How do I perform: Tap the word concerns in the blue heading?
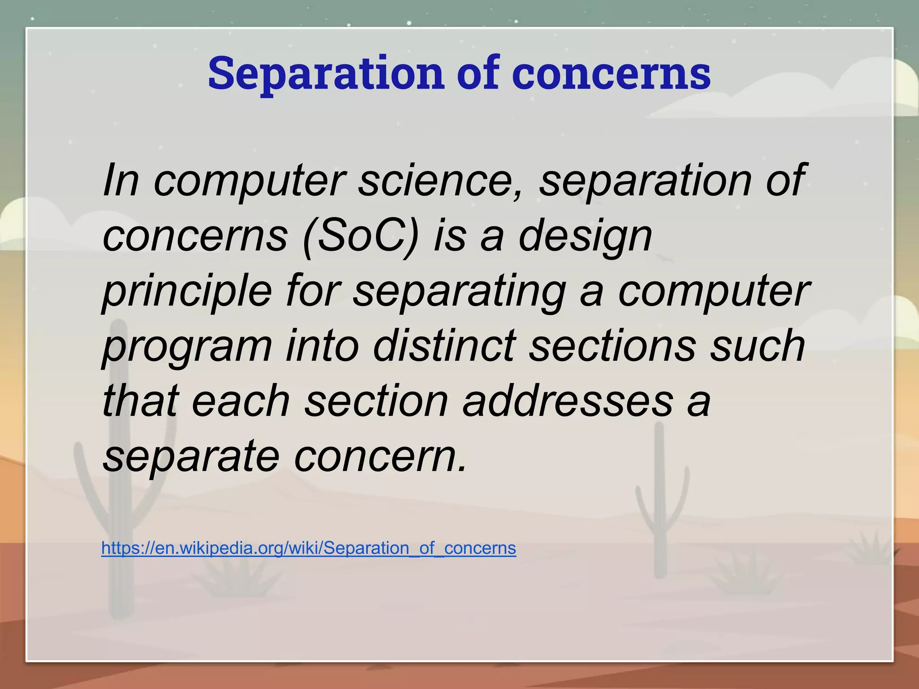pos(611,73)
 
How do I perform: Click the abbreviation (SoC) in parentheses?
pos(361,236)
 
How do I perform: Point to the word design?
pos(585,236)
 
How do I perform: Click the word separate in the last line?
pos(191,456)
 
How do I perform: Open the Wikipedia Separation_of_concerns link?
pos(309,548)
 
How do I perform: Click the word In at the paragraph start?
pos(120,180)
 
